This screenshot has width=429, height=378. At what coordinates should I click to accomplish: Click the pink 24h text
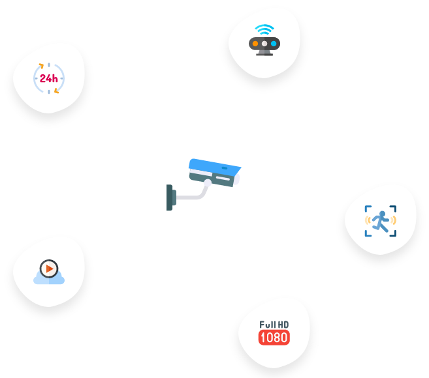[x=48, y=78]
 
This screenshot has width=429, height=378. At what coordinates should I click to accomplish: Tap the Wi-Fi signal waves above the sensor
[x=264, y=30]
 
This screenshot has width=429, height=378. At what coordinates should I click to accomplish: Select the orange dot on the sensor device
[x=255, y=44]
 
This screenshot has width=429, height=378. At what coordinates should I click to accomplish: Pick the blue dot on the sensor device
[x=274, y=44]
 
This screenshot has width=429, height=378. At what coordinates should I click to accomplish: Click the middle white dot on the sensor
[x=264, y=44]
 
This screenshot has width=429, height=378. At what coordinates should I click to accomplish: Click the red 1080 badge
[x=274, y=338]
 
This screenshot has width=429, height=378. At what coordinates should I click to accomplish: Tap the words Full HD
[x=274, y=325]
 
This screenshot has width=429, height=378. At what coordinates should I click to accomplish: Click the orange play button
[x=48, y=268]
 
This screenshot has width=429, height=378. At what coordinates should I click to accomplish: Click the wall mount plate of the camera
[x=170, y=197]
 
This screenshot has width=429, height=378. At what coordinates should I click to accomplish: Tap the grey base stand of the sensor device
[x=264, y=53]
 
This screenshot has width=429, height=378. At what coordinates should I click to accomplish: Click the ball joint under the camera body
[x=208, y=183]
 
